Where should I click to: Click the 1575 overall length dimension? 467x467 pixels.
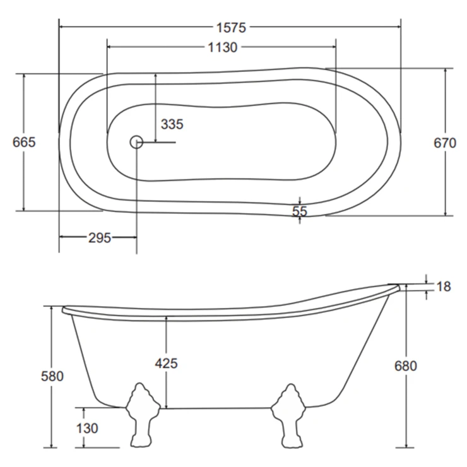231,28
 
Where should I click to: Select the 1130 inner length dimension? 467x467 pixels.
223,47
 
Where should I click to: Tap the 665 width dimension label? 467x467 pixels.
24,142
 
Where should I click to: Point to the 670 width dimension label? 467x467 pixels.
445,143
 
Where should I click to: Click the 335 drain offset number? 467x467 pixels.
172,124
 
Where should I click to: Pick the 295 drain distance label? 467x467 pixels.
100,238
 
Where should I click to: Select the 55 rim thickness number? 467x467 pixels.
299,211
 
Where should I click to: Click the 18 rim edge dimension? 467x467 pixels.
444,287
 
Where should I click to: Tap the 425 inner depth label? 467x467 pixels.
166,364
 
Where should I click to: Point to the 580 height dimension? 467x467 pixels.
52,376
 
